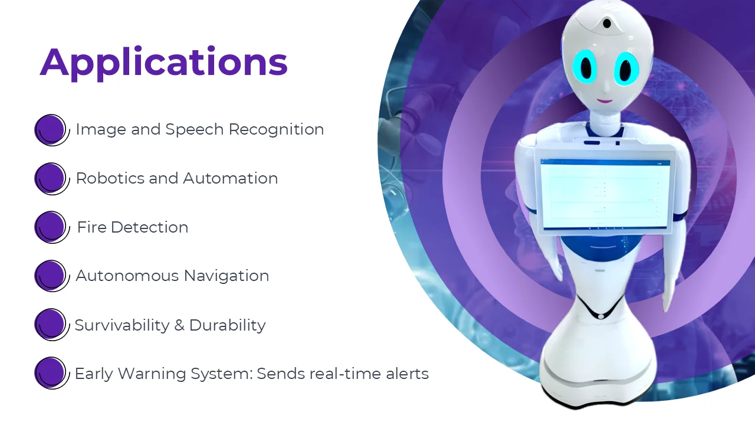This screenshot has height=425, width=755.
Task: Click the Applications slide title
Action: tap(163, 63)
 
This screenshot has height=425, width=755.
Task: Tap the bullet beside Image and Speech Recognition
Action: tap(51, 130)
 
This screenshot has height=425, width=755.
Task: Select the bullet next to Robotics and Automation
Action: tap(51, 178)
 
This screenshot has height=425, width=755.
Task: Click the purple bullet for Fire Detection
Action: tap(51, 227)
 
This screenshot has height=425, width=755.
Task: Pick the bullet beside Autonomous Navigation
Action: tap(51, 276)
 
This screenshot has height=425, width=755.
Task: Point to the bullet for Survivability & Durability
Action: tap(51, 325)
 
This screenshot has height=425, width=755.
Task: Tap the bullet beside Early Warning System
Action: tap(51, 373)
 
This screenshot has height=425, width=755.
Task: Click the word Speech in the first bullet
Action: tap(195, 130)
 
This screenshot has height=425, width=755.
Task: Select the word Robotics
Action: tap(110, 178)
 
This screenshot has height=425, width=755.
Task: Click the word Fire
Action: tap(91, 227)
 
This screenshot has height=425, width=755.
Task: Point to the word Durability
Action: tap(228, 326)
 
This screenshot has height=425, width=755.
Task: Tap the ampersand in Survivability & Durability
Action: tap(180, 325)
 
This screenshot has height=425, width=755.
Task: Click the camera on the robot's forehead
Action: tap(607, 23)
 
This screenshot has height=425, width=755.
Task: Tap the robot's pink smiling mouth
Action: tap(605, 100)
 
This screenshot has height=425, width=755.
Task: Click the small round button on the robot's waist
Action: tap(601, 316)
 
